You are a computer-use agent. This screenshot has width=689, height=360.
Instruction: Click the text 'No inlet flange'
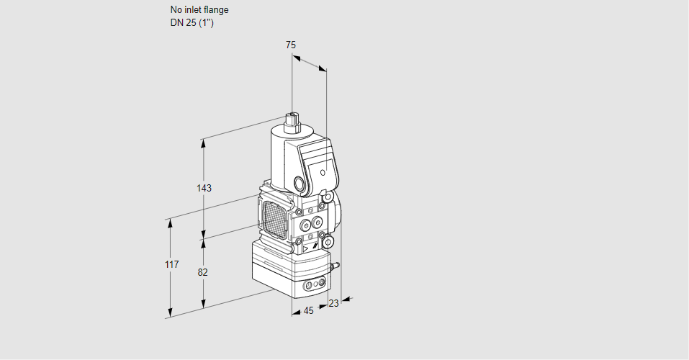(199, 10)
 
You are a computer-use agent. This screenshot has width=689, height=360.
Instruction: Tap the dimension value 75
(290, 45)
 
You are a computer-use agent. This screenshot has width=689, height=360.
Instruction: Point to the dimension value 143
(204, 188)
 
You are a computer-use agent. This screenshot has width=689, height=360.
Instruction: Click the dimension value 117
(171, 266)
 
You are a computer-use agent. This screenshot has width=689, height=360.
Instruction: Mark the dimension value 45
(308, 311)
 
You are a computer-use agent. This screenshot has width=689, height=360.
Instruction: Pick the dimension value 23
(333, 303)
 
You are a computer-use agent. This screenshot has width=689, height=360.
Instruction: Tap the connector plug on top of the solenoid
(292, 120)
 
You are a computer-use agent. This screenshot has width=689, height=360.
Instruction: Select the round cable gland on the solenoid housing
(300, 183)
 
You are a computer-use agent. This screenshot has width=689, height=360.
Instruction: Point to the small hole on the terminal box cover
(323, 173)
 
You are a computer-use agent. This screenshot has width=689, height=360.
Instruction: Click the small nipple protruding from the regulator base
(334, 266)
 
